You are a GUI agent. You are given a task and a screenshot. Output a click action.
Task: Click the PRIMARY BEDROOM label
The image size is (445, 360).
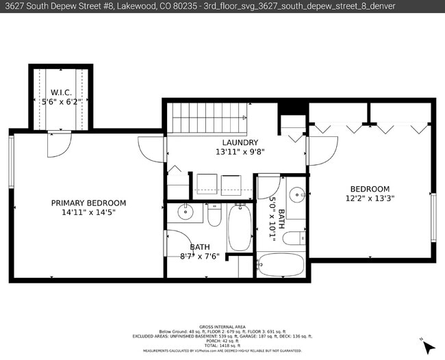(x=89, y=203)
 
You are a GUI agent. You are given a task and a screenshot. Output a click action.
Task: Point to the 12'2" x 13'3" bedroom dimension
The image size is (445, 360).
(x=370, y=198)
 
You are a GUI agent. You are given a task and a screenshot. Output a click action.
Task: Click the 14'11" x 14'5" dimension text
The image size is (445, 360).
(x=89, y=212)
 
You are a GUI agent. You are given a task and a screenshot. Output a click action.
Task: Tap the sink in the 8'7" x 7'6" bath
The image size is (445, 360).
(x=186, y=212)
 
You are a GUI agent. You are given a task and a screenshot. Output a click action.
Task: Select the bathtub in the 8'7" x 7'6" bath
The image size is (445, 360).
(x=240, y=229)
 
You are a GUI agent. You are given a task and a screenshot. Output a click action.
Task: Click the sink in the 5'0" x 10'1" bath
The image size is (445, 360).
(x=296, y=194)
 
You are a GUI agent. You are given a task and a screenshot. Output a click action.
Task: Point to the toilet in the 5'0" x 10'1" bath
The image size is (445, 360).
(x=294, y=239)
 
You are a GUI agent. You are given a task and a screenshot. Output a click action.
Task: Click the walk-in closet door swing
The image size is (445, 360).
(x=59, y=143)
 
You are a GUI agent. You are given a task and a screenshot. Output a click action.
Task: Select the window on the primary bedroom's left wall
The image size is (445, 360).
(x=11, y=162)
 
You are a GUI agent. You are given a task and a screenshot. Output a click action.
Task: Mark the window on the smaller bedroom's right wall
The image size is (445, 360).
(x=433, y=217)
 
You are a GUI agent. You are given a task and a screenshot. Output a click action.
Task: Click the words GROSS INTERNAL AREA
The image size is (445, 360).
(x=222, y=326)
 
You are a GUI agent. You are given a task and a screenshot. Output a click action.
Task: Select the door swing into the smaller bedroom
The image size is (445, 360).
(x=323, y=151)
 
